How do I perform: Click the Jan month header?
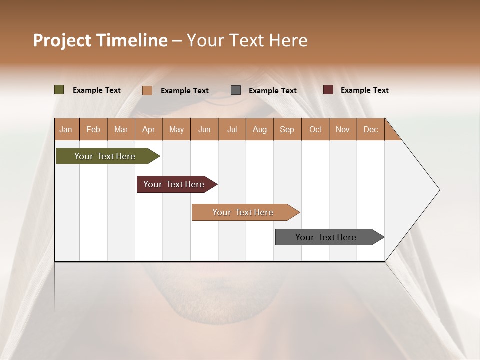[66, 129]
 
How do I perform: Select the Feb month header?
[93, 129]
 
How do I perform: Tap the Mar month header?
[121, 129]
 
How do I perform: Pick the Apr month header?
[149, 129]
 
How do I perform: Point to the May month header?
[176, 129]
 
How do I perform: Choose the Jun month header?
[204, 129]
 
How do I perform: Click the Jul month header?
[232, 129]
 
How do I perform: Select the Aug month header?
[260, 129]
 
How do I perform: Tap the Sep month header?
[287, 129]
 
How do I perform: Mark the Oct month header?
[315, 129]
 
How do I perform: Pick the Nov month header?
[343, 129]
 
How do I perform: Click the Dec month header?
[370, 129]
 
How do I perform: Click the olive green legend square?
[59, 90]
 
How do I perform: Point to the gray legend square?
[236, 90]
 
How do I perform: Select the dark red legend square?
[328, 90]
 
